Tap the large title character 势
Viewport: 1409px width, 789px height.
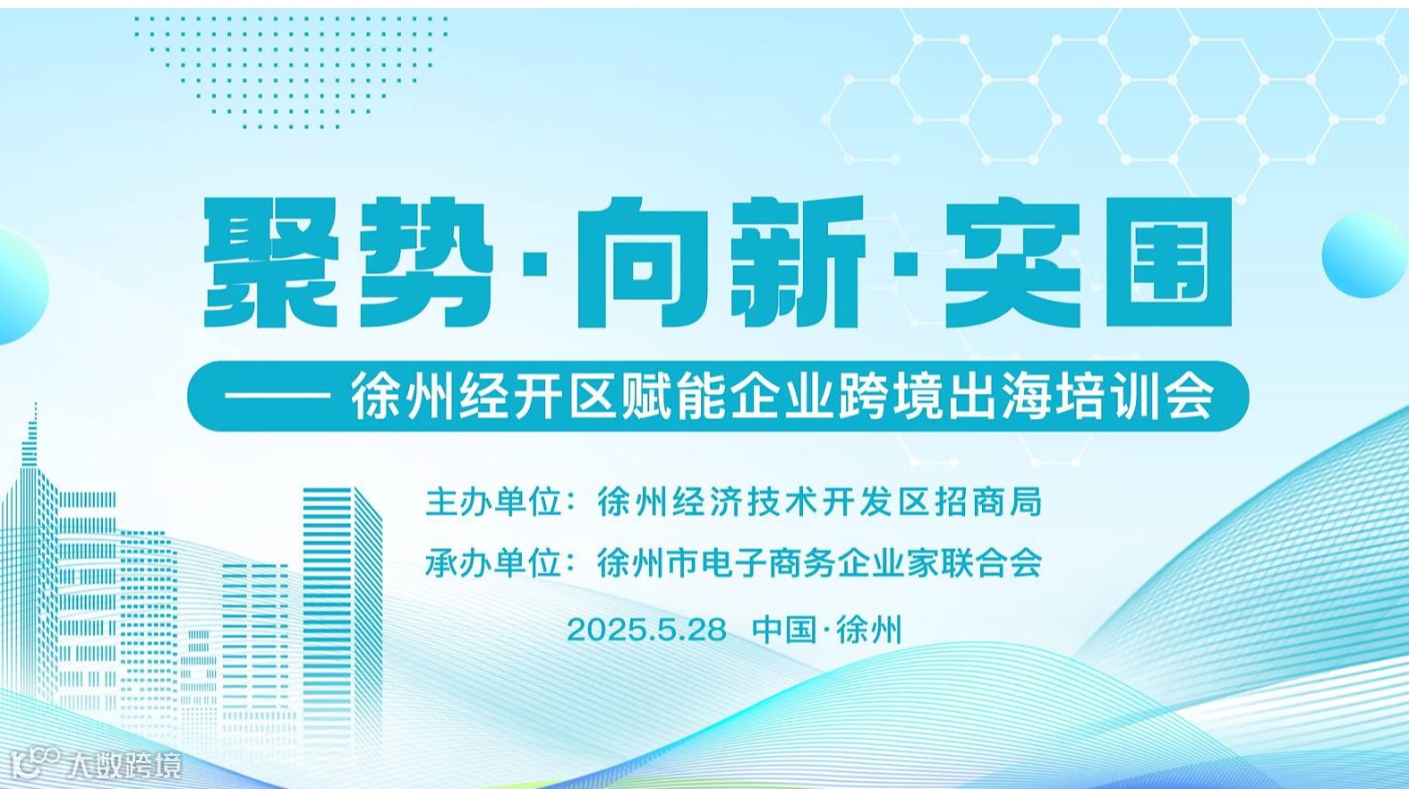point(426,263)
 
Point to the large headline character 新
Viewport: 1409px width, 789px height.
point(797,263)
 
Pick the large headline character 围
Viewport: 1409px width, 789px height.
point(1169,263)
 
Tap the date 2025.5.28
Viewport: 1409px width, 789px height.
point(646,630)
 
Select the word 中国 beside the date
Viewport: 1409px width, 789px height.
point(783,630)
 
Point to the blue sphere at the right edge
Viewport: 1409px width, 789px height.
point(1363,256)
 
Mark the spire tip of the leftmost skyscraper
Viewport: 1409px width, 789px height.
point(35,407)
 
